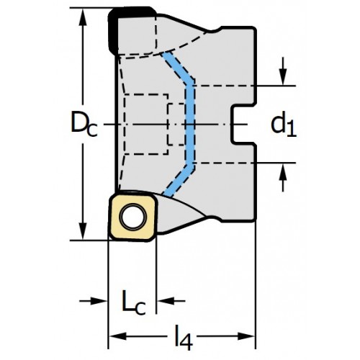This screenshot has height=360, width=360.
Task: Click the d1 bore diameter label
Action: click(284, 125)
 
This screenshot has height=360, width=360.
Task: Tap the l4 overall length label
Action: click(184, 338)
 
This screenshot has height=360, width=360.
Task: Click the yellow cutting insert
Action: click(133, 217)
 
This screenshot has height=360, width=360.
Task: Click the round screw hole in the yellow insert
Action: click(133, 217)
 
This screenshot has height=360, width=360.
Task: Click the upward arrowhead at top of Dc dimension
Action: click(83, 17)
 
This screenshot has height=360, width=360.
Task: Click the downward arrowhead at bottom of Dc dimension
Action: click(83, 231)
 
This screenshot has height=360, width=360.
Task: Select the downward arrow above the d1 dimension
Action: click(284, 71)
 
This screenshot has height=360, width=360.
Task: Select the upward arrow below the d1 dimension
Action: click(284, 178)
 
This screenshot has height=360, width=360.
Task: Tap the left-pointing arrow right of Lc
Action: click(171, 301)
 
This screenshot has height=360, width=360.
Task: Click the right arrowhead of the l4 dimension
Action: click(246, 336)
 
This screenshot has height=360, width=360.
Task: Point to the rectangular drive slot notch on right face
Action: click(243, 125)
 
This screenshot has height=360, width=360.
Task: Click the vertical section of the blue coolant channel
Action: click(189, 125)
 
